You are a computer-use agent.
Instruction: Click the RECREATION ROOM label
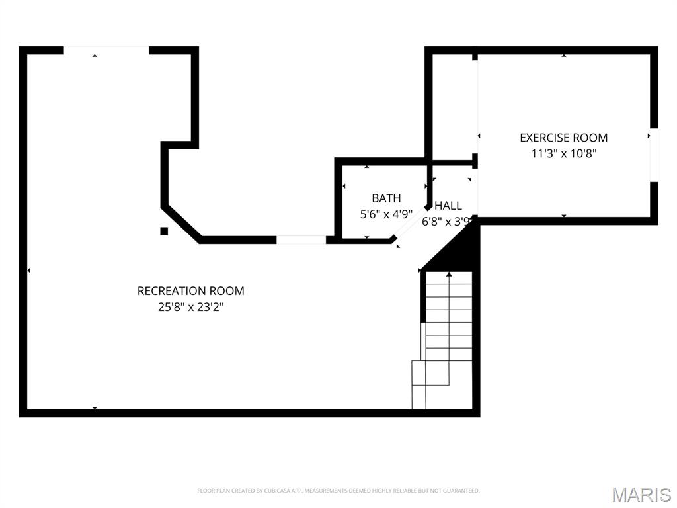pyautogui.click(x=191, y=291)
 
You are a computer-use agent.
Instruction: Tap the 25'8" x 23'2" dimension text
pyautogui.click(x=191, y=307)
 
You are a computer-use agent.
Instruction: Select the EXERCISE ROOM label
pyautogui.click(x=563, y=138)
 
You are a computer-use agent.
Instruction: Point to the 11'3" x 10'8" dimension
pyautogui.click(x=563, y=153)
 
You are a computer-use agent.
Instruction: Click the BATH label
pyautogui.click(x=386, y=198)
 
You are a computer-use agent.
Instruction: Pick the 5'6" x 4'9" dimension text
pyautogui.click(x=386, y=214)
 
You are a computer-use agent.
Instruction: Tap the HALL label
pyautogui.click(x=448, y=206)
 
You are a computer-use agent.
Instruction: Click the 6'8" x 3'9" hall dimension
pyautogui.click(x=447, y=222)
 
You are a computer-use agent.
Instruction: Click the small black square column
pyautogui.click(x=164, y=231)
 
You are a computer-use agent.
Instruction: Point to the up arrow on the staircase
pyautogui.click(x=449, y=275)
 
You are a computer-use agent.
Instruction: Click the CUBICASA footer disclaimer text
pyautogui.click(x=338, y=491)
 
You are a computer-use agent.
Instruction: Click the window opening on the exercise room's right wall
pyautogui.click(x=654, y=155)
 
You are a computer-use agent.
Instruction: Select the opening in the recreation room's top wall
pyautogui.click(x=106, y=50)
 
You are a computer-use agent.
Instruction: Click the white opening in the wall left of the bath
pyautogui.click(x=301, y=239)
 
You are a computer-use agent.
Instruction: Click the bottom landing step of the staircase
pyautogui.click(x=418, y=397)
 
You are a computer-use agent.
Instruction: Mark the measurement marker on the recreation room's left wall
pyautogui.click(x=28, y=271)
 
